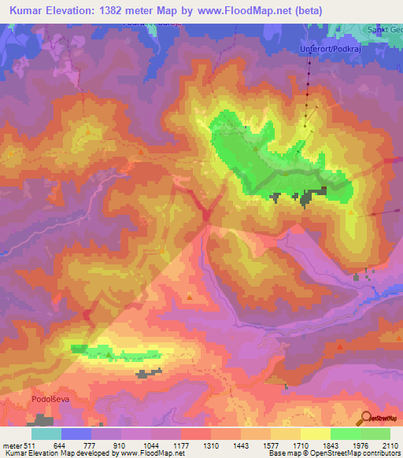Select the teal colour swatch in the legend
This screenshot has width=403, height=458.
[x=46, y=434]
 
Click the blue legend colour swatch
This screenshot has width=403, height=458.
[x=76, y=434]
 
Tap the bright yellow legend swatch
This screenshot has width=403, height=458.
[x=316, y=434]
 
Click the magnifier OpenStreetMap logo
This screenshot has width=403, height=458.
[x=366, y=418]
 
